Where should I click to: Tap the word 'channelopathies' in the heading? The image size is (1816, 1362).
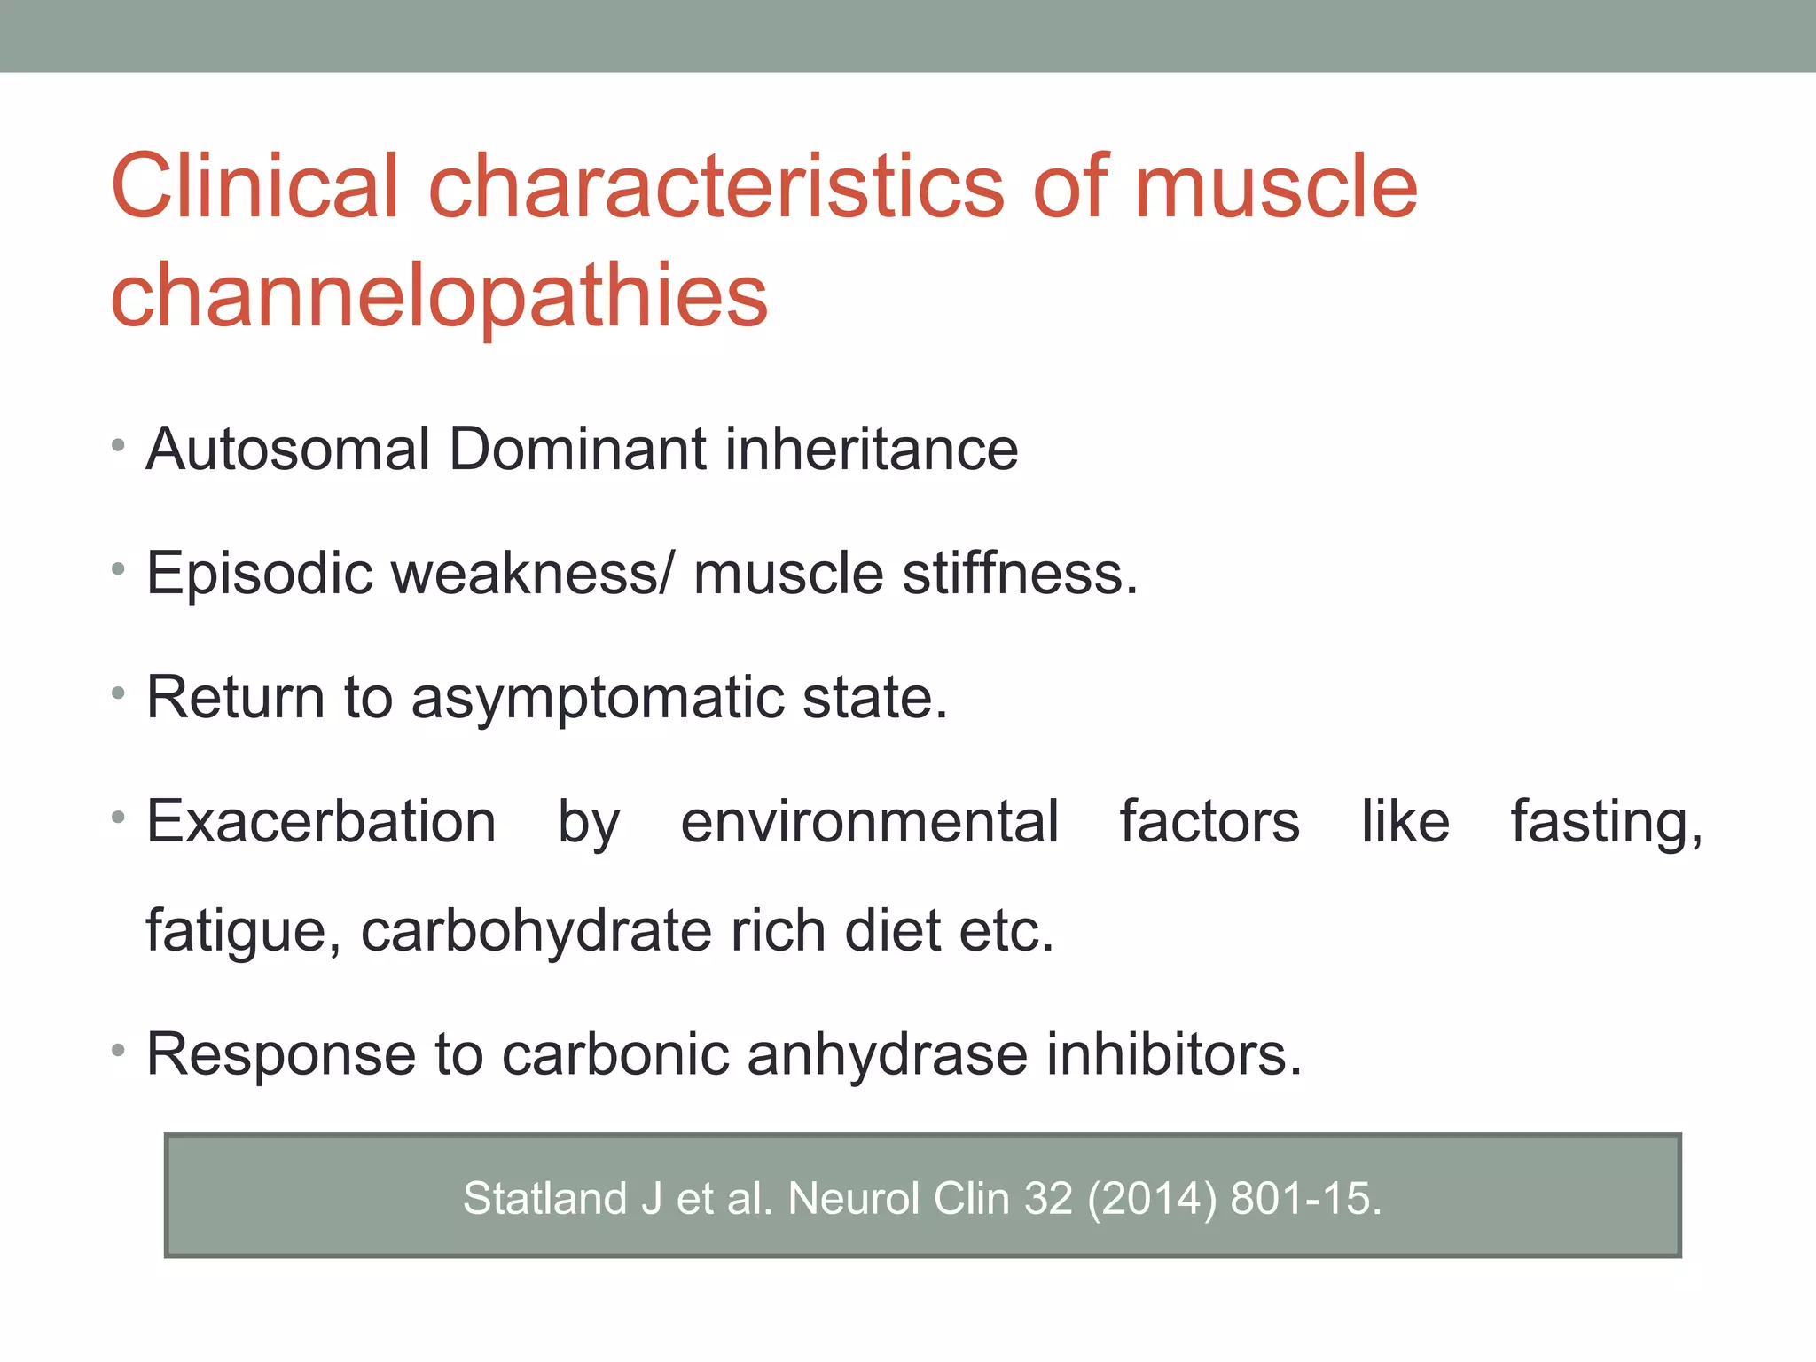click(439, 297)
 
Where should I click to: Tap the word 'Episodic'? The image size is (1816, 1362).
click(259, 575)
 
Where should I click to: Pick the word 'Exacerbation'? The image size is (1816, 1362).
click(321, 822)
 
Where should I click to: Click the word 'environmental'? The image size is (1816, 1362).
click(869, 822)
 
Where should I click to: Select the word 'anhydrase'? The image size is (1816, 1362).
click(887, 1054)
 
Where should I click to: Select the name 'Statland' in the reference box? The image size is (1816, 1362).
click(544, 1199)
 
